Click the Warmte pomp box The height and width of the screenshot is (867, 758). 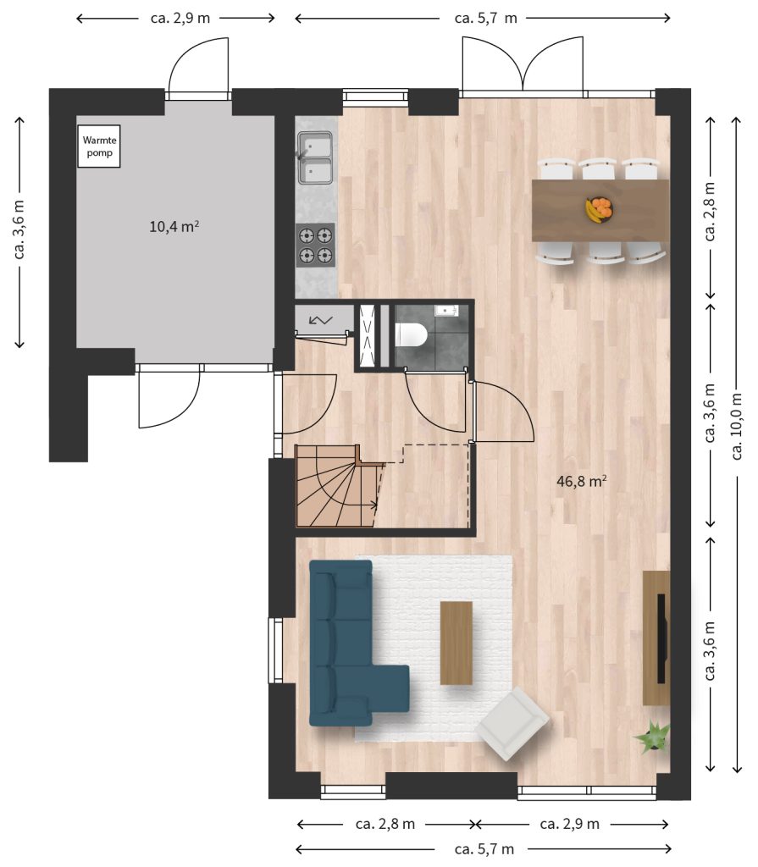(x=99, y=146)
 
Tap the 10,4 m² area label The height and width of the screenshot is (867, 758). (x=174, y=226)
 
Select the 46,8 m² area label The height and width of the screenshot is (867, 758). (x=582, y=481)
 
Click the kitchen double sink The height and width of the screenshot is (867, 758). (x=315, y=157)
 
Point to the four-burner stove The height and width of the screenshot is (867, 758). (x=315, y=246)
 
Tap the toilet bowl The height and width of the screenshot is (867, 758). (x=411, y=335)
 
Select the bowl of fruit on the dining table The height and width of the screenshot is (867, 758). (x=600, y=210)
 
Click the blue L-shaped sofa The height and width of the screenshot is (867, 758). (x=343, y=644)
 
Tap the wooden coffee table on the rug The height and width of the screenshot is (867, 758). (x=456, y=643)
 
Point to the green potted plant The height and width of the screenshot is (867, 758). (x=654, y=736)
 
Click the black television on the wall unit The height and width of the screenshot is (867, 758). (x=661, y=638)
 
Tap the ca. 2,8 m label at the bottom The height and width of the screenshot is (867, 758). (x=385, y=824)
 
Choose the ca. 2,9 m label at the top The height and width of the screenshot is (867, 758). (x=180, y=18)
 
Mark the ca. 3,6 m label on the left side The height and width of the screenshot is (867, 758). (x=19, y=229)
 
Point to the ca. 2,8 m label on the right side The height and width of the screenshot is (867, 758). (x=711, y=211)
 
